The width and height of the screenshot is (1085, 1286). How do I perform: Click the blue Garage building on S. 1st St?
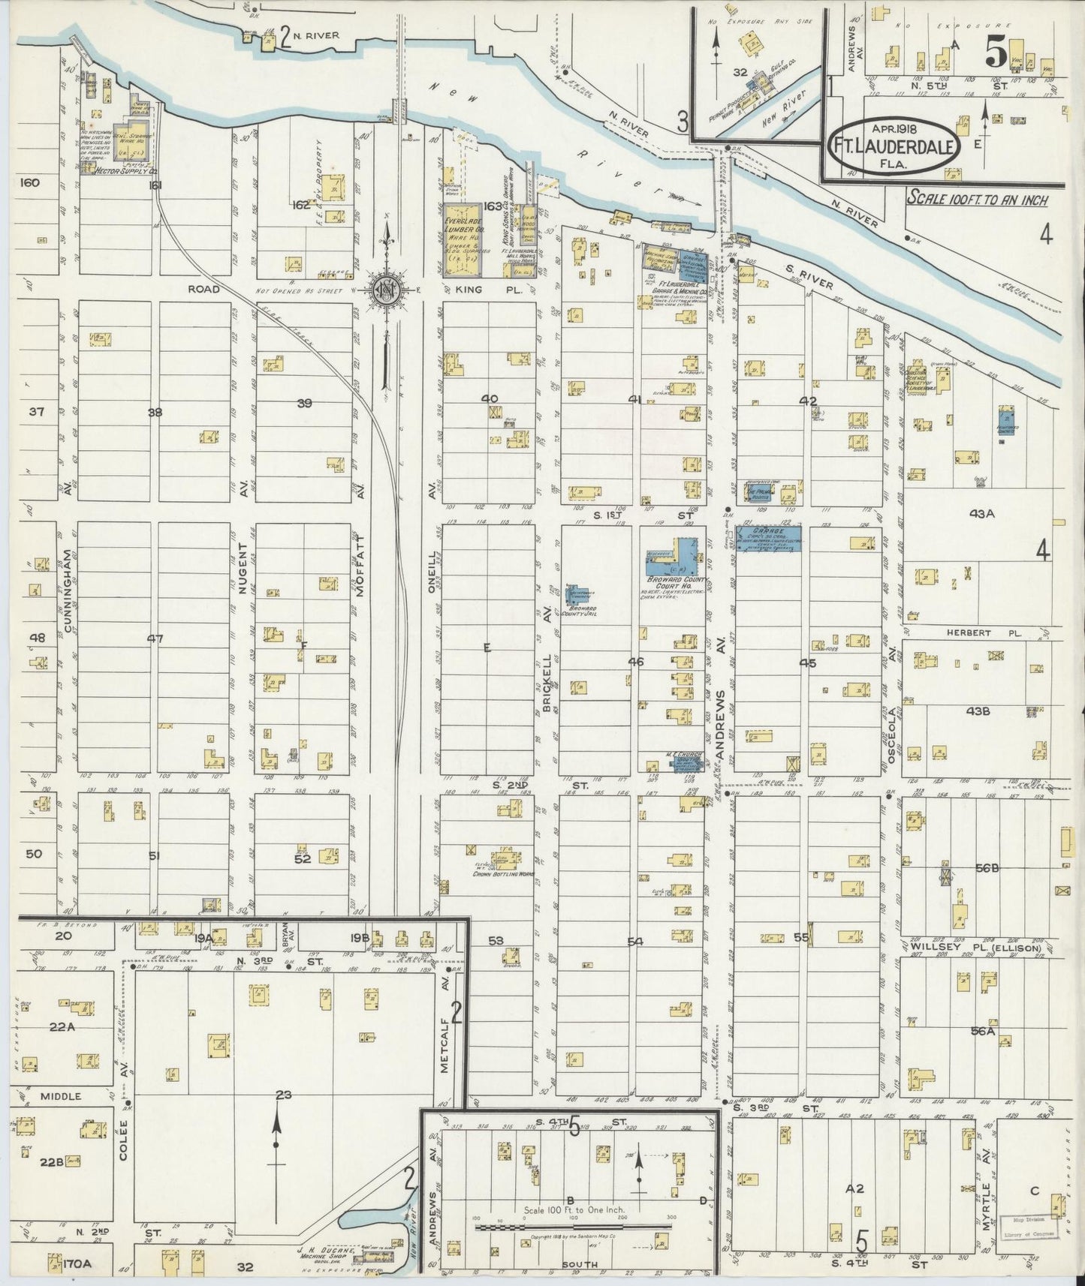pyautogui.click(x=767, y=538)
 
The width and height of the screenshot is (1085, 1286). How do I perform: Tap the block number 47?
pyautogui.click(x=155, y=638)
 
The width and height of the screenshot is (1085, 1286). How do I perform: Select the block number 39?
pyautogui.click(x=304, y=403)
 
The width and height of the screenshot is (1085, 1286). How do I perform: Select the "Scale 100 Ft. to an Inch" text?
pyautogui.click(x=976, y=199)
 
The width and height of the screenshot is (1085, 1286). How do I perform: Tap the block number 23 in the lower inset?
pyautogui.click(x=282, y=1095)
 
